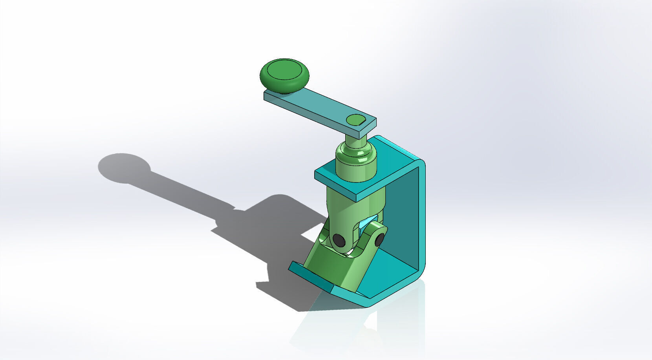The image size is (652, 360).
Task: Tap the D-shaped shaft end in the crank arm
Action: point(356,119)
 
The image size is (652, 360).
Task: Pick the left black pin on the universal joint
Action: point(338,239)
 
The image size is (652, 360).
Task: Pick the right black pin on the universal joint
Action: point(379,239)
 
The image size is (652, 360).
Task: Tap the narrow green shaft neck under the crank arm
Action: point(355,142)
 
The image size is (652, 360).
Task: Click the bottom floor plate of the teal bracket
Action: point(389,275)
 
